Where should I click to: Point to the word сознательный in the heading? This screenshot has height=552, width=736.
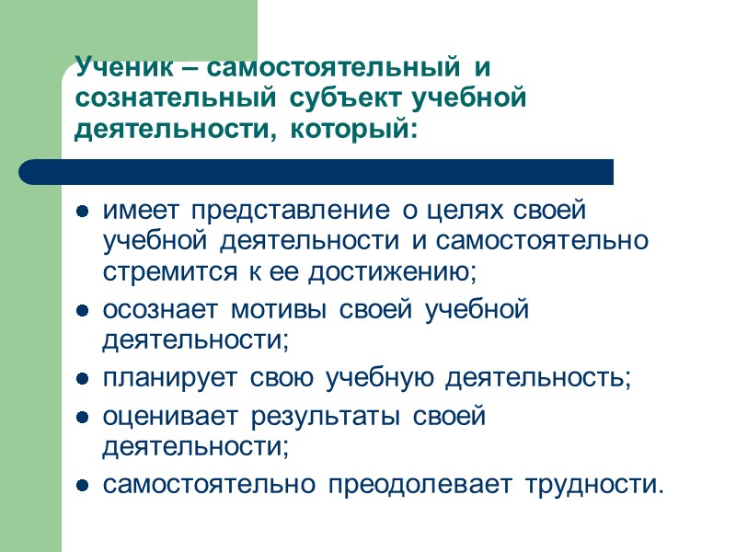point(174,98)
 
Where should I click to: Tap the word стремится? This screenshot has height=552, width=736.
point(155,272)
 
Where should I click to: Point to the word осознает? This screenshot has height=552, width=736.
point(161,310)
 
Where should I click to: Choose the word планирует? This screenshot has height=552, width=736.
point(161,379)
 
